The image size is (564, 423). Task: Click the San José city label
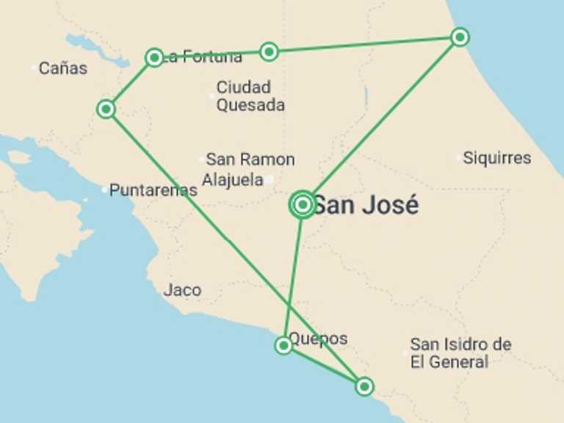pyautogui.click(x=366, y=205)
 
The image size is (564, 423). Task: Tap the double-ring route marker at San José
pyautogui.click(x=303, y=205)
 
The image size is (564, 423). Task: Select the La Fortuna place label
pyautogui.click(x=203, y=57)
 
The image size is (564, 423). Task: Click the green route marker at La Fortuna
pyautogui.click(x=154, y=57)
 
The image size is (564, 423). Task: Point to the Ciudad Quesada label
pyautogui.click(x=250, y=96)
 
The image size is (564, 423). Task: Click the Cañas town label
pyautogui.click(x=62, y=68)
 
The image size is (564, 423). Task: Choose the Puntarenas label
pyautogui.click(x=153, y=190)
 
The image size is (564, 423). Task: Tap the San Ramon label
pyautogui.click(x=250, y=159)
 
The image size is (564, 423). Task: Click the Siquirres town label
pyautogui.click(x=497, y=158)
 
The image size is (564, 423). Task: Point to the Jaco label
pyautogui.click(x=182, y=290)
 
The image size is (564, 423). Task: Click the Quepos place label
pyautogui.click(x=318, y=339)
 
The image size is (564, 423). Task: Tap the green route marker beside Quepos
pyautogui.click(x=283, y=345)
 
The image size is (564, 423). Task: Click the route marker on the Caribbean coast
pyautogui.click(x=460, y=37)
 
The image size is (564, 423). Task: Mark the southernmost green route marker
pyautogui.click(x=364, y=386)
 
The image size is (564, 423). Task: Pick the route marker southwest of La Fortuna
pyautogui.click(x=106, y=109)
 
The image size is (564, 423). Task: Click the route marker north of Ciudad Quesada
pyautogui.click(x=270, y=51)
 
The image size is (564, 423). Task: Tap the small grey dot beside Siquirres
pyautogui.click(x=459, y=157)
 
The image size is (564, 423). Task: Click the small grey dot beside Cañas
pyautogui.click(x=35, y=68)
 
